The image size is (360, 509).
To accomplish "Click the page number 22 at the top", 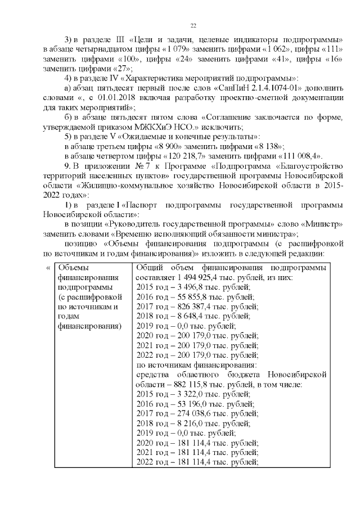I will coord(193,26).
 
